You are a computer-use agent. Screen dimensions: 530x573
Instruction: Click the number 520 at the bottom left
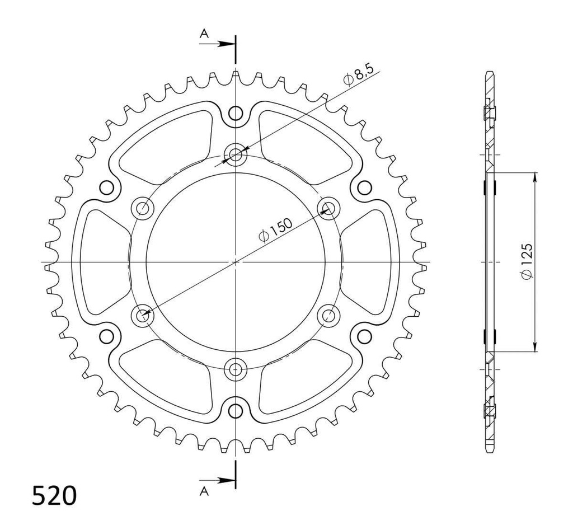coord(54,496)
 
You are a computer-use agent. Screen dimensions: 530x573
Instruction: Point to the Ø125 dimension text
coord(525,261)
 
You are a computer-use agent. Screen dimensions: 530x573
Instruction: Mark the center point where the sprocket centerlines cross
coord(236,261)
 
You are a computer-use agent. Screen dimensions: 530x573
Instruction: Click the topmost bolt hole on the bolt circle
coord(236,153)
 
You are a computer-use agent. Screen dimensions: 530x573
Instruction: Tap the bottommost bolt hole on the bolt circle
coord(236,368)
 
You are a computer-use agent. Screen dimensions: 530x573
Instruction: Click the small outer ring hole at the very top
coord(236,114)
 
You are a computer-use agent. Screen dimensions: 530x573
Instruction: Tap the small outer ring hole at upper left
coord(105,187)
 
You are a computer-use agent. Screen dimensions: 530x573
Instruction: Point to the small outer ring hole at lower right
coord(364,336)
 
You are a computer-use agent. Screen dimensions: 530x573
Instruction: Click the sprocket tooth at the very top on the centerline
coord(236,74)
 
